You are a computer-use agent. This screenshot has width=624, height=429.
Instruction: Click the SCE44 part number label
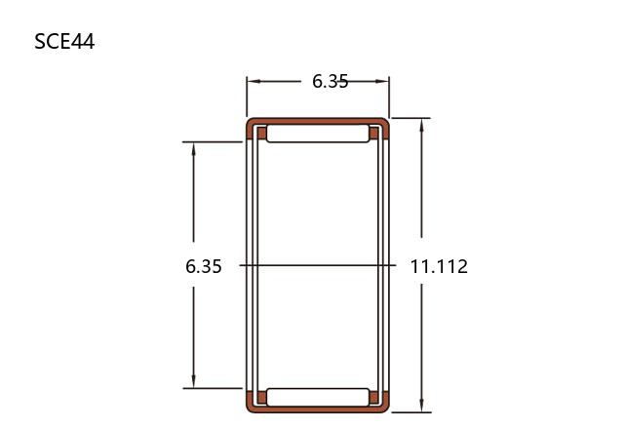point(64,41)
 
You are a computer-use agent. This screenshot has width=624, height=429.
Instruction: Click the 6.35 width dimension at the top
point(330,81)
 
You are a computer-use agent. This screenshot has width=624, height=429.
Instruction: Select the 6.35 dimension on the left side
point(204,266)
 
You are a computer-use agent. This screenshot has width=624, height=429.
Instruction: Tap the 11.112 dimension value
point(439,266)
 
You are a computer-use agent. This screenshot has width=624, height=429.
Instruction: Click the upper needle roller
point(318,134)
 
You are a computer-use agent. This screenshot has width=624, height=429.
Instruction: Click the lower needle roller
point(318,397)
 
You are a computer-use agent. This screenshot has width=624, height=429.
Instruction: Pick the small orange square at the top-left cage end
point(261,133)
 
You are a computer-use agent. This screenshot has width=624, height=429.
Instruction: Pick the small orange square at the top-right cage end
point(374,133)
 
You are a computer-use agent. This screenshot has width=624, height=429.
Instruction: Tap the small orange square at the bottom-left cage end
point(261,397)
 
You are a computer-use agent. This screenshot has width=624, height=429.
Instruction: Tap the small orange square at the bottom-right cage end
point(374,397)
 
